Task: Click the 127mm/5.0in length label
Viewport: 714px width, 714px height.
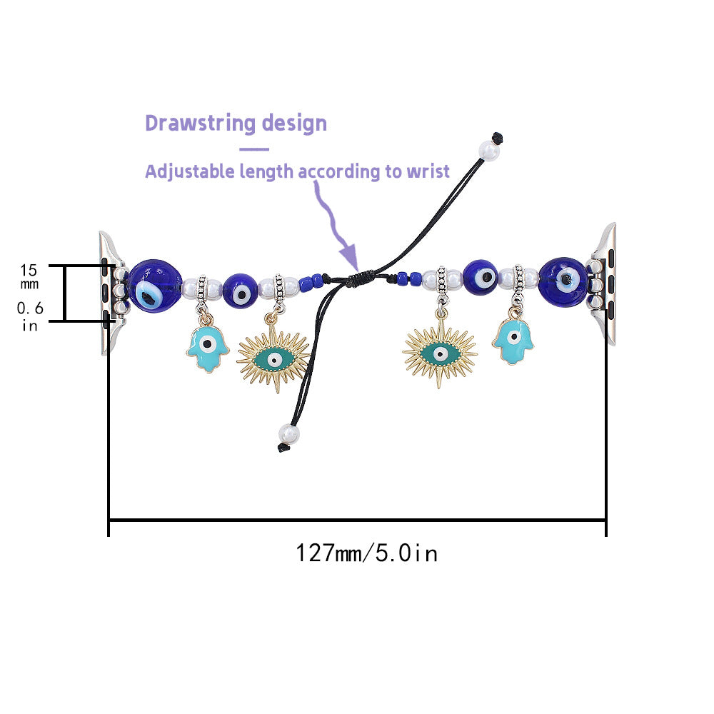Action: point(366,553)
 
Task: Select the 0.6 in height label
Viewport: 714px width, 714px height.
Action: point(29,316)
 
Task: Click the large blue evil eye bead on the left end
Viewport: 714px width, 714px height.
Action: point(154,285)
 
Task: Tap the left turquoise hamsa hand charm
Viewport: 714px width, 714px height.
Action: point(206,347)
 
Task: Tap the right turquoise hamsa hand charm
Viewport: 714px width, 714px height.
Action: point(513,341)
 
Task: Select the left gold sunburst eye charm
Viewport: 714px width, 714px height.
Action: point(273,355)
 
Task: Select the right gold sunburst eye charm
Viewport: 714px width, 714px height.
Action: point(440,353)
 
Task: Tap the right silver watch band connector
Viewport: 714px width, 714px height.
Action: point(606,283)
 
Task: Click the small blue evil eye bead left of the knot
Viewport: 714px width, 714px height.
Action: point(241,291)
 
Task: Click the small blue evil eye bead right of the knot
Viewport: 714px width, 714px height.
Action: point(481,276)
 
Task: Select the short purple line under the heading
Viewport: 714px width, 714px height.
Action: point(254,149)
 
